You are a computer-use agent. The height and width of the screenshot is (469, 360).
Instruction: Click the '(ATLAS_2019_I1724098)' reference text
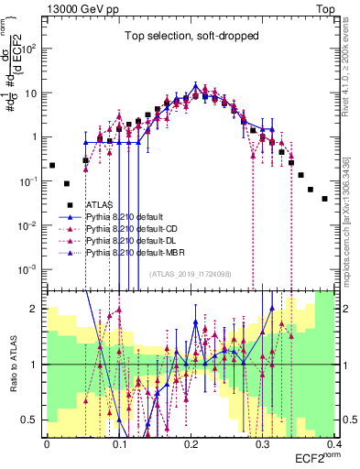[x=191, y=274]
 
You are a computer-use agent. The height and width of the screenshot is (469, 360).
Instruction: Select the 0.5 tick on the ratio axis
[x=35, y=420]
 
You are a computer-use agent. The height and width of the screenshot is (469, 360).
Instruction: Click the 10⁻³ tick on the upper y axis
[x=32, y=269]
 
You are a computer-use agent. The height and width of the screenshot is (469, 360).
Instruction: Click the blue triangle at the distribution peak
[x=194, y=87]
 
